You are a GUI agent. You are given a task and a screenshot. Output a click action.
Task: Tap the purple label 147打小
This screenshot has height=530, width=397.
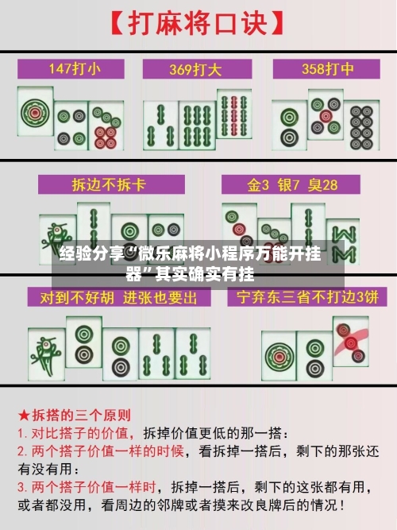[x=71, y=68]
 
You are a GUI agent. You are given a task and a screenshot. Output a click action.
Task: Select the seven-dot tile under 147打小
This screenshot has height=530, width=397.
[x=105, y=127]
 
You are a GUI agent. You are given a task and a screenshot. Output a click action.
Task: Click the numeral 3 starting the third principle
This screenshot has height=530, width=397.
[x=21, y=486]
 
